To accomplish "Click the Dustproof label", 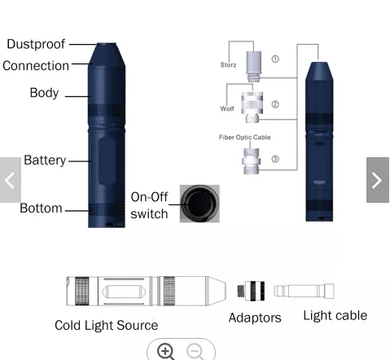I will [x=36, y=45].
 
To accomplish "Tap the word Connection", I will [x=36, y=66].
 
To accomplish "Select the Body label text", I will [x=44, y=93].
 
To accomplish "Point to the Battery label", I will [x=45, y=160].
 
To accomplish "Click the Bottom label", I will [x=41, y=209].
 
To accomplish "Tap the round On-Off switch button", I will [x=199, y=204].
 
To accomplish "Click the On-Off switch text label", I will [x=149, y=206].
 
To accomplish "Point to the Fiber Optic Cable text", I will [x=244, y=138].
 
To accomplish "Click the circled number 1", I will [x=275, y=59].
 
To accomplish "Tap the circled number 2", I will [x=275, y=104].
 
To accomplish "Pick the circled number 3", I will [x=275, y=159].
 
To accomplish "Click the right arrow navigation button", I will [x=378, y=180].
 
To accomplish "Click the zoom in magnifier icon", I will [x=166, y=351].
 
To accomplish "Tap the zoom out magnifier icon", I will [x=195, y=351].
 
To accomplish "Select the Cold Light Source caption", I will [x=106, y=325].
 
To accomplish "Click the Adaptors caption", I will [x=255, y=318].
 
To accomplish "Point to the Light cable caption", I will [x=335, y=315].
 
